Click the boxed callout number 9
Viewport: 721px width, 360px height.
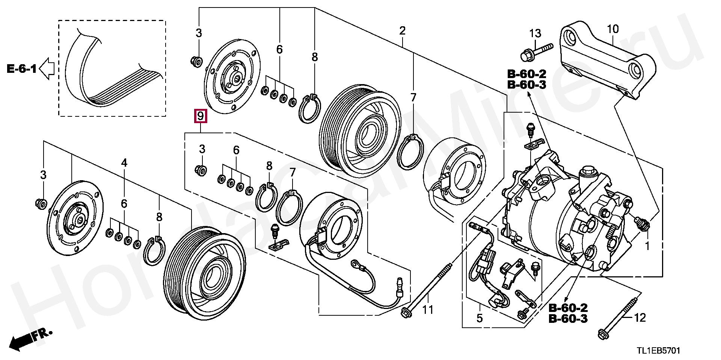[200, 116]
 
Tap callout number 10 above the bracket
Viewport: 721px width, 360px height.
[612, 29]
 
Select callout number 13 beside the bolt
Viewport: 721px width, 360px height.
[535, 33]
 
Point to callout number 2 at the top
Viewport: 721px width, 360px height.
[402, 30]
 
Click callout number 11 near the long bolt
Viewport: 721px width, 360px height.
[428, 310]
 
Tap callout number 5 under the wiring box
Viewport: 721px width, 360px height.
[480, 318]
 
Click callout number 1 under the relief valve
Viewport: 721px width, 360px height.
[647, 247]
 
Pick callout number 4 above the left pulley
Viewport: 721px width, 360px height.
[124, 163]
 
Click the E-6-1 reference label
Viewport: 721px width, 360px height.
[22, 69]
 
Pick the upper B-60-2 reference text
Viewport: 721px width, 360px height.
[526, 74]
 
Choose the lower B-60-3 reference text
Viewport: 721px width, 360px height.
[568, 319]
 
